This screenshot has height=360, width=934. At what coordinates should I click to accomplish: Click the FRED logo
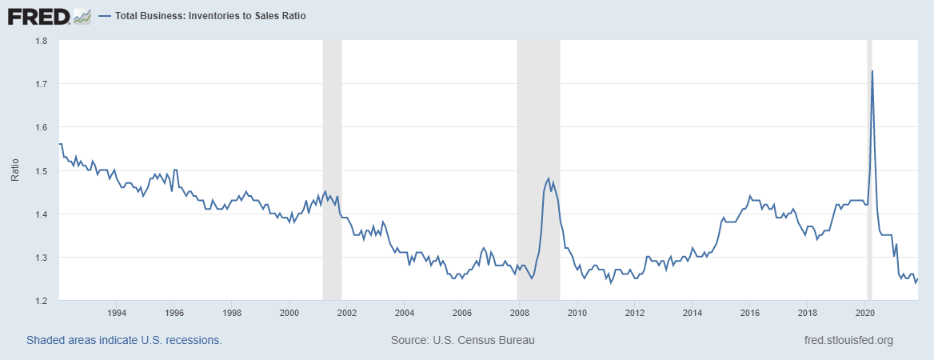(x=38, y=15)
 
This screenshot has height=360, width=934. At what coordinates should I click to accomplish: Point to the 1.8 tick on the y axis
(x=42, y=41)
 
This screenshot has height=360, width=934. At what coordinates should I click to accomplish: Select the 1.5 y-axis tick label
(x=42, y=171)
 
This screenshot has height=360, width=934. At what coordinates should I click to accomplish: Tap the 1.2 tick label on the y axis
(x=42, y=301)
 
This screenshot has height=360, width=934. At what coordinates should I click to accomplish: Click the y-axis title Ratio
(x=15, y=170)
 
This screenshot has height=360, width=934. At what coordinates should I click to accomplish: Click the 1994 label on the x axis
(x=117, y=312)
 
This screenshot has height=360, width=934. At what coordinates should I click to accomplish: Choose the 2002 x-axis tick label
(x=347, y=312)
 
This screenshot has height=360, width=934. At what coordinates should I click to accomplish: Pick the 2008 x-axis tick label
(x=519, y=312)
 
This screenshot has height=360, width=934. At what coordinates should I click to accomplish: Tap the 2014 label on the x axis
(x=693, y=312)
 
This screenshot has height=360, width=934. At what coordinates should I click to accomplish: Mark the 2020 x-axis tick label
(x=865, y=312)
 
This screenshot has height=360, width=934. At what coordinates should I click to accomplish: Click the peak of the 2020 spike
(x=872, y=71)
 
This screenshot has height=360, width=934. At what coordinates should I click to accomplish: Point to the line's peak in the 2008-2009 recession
(x=549, y=178)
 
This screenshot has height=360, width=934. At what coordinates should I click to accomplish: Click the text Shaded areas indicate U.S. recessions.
(x=124, y=340)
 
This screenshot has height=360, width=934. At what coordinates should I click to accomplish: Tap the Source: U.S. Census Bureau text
(x=462, y=340)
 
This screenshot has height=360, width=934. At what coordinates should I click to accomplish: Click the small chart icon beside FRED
(x=82, y=15)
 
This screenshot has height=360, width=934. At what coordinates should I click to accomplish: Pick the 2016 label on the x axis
(x=750, y=312)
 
